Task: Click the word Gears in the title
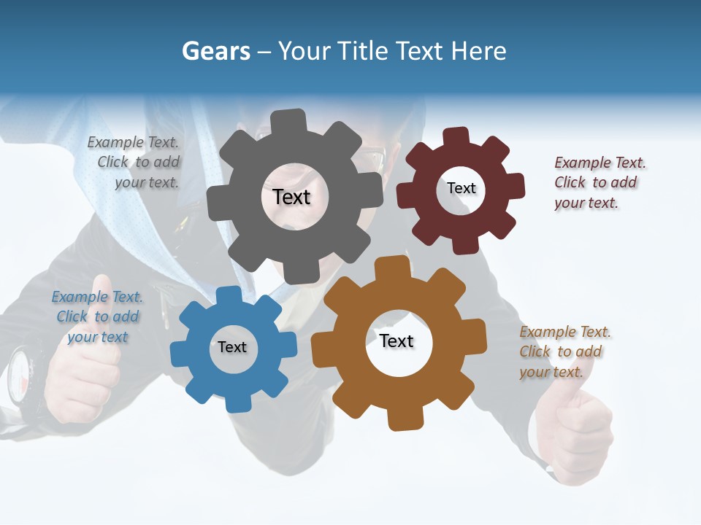point(215,51)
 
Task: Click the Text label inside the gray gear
point(291,197)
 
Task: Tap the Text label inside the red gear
point(461,188)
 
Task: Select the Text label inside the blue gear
point(232,347)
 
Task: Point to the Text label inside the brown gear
point(397,341)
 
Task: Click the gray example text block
point(135,163)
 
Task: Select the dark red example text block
point(599,182)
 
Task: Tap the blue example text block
point(97,316)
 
